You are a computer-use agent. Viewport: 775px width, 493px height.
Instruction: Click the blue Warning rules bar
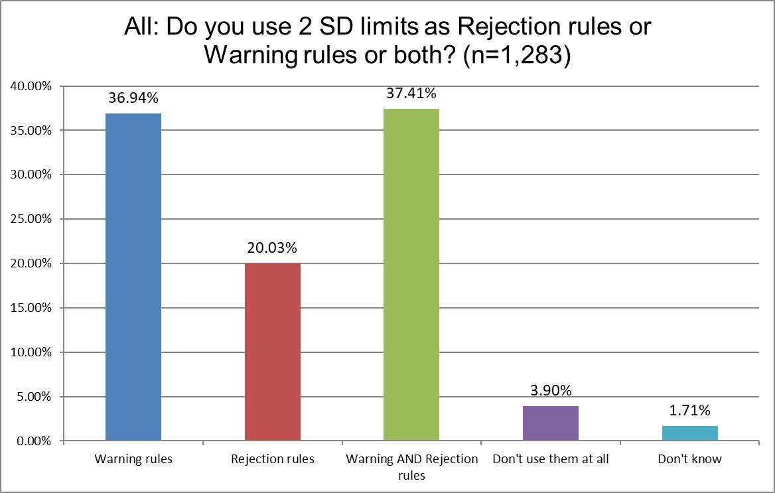click(x=133, y=277)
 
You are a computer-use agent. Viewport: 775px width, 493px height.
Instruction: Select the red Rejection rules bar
click(x=273, y=352)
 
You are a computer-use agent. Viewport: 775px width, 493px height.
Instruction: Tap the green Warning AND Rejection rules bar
click(x=411, y=275)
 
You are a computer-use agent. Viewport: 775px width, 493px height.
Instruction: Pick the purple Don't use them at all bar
click(x=551, y=423)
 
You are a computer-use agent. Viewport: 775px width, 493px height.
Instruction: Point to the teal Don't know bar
click(x=690, y=433)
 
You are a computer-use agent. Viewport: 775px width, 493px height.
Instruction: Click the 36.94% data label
click(x=133, y=99)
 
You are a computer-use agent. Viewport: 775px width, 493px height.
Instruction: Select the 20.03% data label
click(x=273, y=248)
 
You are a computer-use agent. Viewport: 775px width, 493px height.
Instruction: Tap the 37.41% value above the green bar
click(x=411, y=94)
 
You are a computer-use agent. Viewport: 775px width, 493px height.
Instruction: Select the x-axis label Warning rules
click(x=133, y=459)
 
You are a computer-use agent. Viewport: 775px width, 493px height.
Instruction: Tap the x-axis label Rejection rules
click(x=273, y=459)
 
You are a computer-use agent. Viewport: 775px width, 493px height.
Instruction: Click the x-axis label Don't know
click(x=690, y=459)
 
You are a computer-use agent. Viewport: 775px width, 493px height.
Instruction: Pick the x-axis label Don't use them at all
click(x=551, y=459)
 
